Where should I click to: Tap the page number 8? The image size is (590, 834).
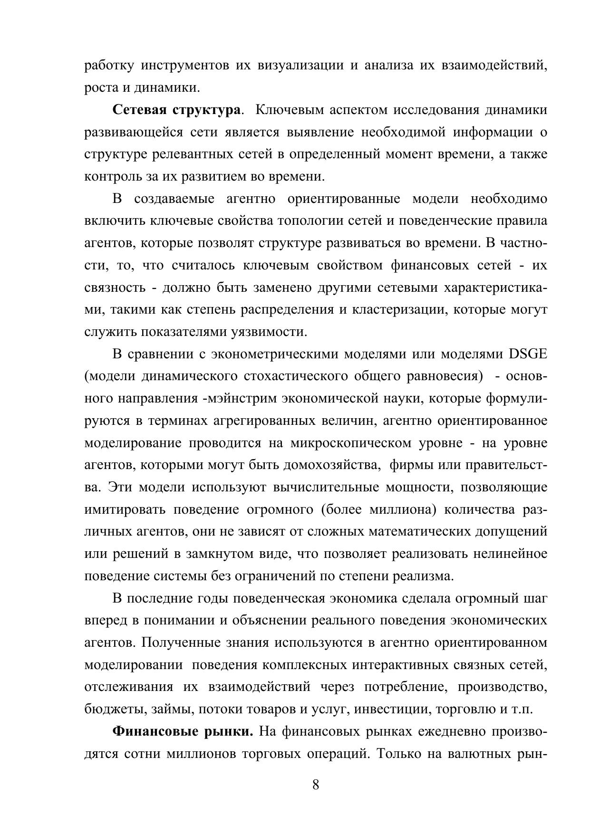(316, 785)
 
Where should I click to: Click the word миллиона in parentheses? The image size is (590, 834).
(402, 509)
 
